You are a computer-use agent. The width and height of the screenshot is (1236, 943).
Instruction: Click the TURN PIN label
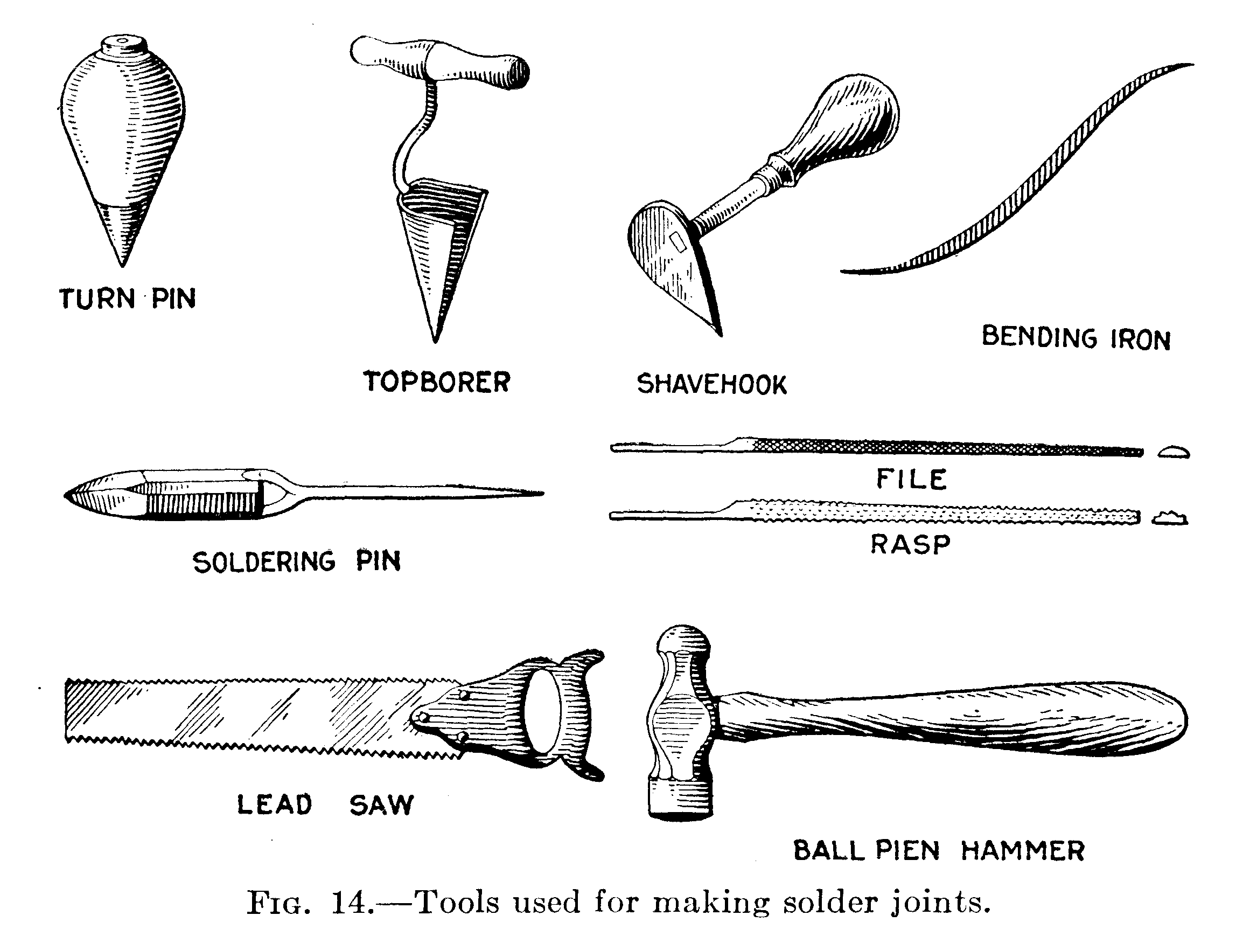point(127,299)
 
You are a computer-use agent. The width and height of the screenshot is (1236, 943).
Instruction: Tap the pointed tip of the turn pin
point(122,265)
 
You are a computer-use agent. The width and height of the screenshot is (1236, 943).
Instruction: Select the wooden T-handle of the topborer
point(440,61)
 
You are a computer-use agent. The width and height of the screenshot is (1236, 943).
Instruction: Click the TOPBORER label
point(436,382)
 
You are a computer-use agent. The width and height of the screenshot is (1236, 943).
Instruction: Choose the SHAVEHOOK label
point(711,385)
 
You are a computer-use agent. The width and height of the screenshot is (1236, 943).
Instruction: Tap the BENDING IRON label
point(1076,338)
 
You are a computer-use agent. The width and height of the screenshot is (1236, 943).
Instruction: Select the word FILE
point(911,480)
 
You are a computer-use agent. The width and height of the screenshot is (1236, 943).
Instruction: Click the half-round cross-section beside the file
point(1173,452)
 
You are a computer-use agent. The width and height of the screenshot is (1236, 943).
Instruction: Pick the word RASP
point(910,544)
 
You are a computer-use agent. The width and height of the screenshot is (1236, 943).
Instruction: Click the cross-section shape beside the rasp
point(1170,518)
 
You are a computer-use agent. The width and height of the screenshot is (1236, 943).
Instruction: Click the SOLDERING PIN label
point(297,562)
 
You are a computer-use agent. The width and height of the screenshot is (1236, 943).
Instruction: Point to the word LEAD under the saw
point(274,805)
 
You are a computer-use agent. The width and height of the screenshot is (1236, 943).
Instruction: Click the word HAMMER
point(1023,851)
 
